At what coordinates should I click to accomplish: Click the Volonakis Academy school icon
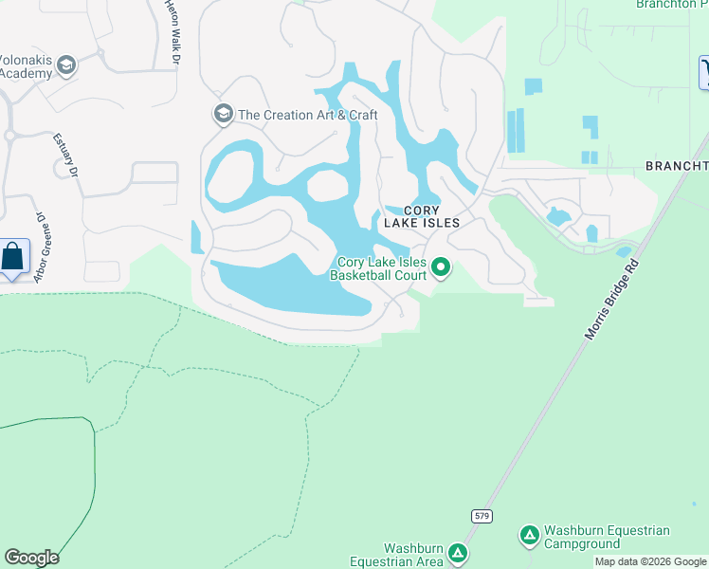pyautogui.click(x=65, y=65)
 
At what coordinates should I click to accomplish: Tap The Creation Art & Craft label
pyautogui.click(x=308, y=115)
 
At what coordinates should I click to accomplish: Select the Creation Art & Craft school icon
pyautogui.click(x=224, y=115)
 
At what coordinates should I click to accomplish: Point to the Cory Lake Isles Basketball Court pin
pyautogui.click(x=441, y=268)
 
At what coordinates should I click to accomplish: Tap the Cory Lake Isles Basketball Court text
pyautogui.click(x=378, y=269)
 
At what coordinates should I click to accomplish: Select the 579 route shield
pyautogui.click(x=481, y=514)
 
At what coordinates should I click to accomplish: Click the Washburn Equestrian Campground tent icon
pyautogui.click(x=530, y=537)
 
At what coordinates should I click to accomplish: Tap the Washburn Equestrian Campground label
pyautogui.click(x=608, y=538)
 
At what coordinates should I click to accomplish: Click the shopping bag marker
pyautogui.click(x=14, y=256)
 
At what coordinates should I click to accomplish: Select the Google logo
pyautogui.click(x=31, y=558)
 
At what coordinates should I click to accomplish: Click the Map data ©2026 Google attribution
pyautogui.click(x=651, y=561)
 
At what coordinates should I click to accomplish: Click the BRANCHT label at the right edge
pyautogui.click(x=676, y=166)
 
